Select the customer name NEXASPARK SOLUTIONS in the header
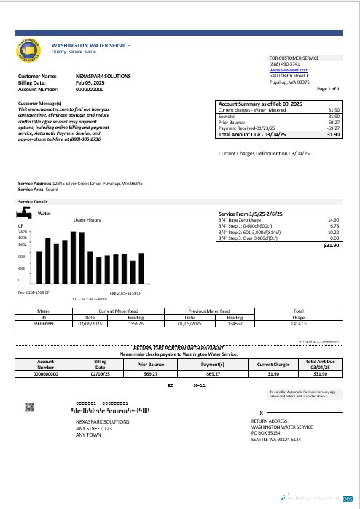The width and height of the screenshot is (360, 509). (x=103, y=76)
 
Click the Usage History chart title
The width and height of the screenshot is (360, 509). (x=87, y=219)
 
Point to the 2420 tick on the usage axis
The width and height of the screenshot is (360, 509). (x=23, y=232)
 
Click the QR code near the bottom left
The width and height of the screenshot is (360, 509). (x=30, y=406)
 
